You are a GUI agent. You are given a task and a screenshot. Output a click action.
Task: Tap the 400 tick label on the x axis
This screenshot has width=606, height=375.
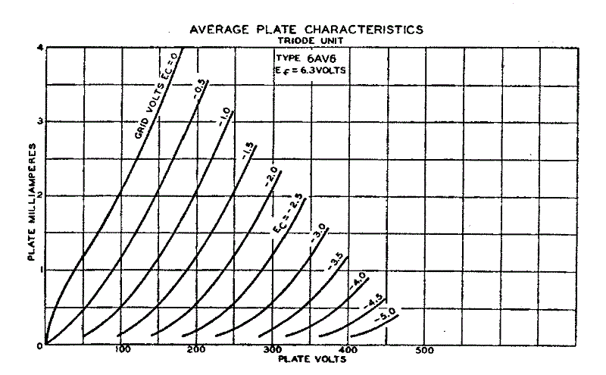[x=348, y=350]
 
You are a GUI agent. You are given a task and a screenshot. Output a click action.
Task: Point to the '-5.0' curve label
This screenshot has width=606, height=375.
[x=387, y=311]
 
